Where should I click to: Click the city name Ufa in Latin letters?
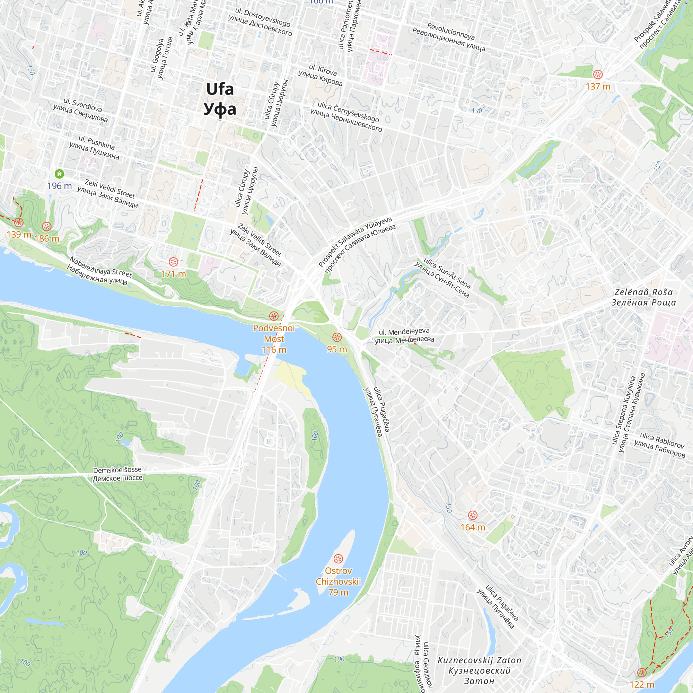220,89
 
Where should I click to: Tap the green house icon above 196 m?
59,174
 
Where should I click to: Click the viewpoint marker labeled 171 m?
173,262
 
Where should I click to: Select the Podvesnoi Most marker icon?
274,316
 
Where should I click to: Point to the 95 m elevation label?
337,349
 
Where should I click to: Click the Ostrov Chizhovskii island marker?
338,559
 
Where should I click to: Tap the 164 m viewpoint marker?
473,516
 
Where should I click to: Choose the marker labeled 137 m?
598,74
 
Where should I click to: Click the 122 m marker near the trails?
642,673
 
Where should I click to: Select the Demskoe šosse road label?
117,470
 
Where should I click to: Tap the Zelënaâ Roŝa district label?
643,292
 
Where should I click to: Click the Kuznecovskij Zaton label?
479,660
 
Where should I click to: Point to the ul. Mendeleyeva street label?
404,332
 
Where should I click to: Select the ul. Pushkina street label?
96,142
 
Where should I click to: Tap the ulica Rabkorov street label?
662,441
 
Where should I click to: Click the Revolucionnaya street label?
450,31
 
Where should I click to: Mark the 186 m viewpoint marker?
47,226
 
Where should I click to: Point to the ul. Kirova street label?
323,70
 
